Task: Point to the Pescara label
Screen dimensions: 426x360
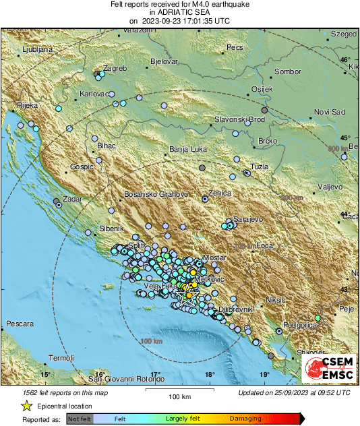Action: pyautogui.click(x=20, y=324)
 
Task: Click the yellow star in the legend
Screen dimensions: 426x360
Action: pyautogui.click(x=26, y=406)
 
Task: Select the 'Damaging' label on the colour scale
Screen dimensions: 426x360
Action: pyautogui.click(x=247, y=419)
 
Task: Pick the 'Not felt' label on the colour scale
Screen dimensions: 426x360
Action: pyautogui.click(x=81, y=419)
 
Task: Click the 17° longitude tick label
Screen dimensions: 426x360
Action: pyautogui.click(x=155, y=375)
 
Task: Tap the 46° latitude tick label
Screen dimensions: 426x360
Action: pyautogui.click(x=345, y=60)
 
